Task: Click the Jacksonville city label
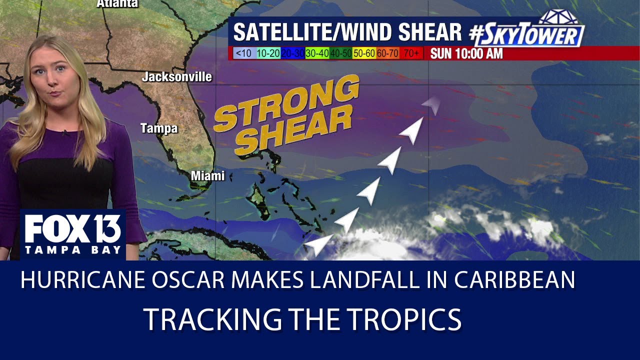tap(176, 77)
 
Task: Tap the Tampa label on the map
tap(159, 128)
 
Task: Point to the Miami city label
tap(207, 176)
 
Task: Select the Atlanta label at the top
tap(117, 3)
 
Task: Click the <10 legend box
tap(243, 53)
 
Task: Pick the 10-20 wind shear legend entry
tap(268, 53)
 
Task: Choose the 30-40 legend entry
tap(317, 53)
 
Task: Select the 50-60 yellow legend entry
tap(364, 53)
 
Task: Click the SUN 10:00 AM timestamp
tap(466, 53)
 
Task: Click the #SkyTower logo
tap(527, 31)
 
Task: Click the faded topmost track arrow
tap(430, 104)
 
